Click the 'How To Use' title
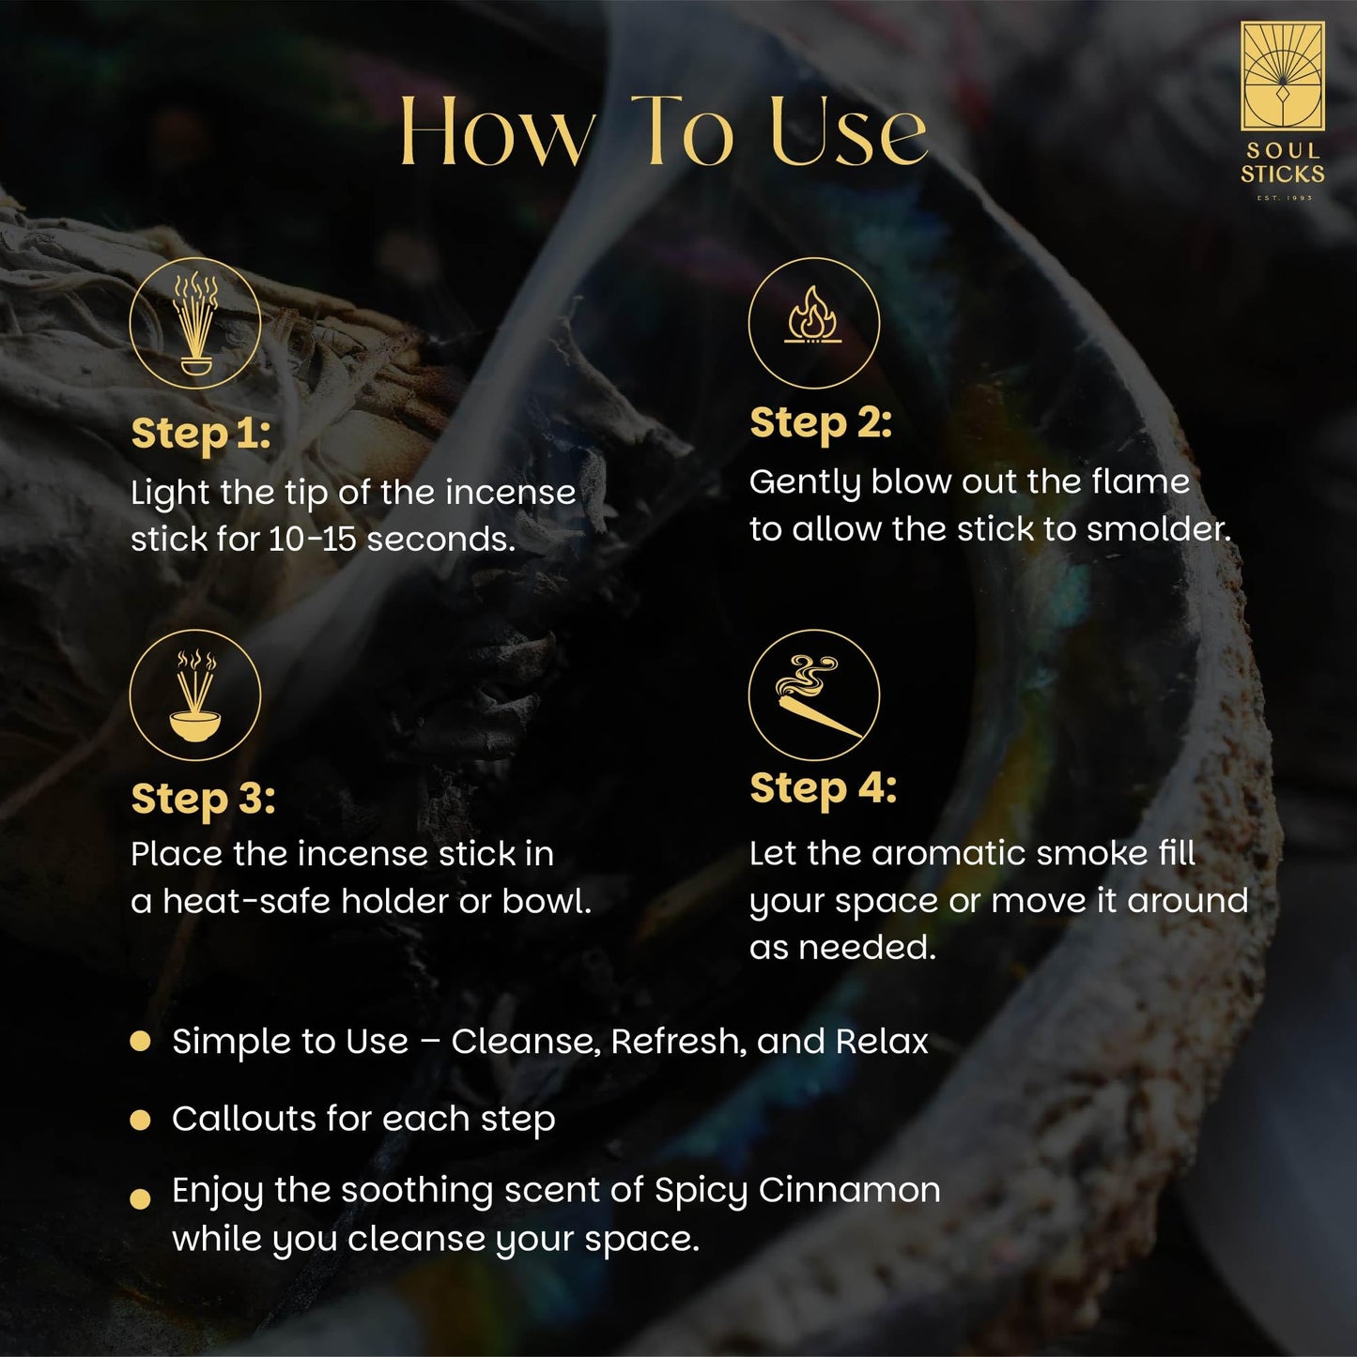coord(663,131)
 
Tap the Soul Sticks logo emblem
coord(1282,77)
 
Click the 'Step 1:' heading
coord(200,434)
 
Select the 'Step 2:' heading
coord(820,422)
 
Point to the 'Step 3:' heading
coord(203,799)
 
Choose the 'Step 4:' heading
coord(823,788)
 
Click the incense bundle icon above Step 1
coord(195,323)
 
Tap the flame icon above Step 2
coord(813,322)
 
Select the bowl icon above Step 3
coord(195,694)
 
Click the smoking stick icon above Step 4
coord(813,694)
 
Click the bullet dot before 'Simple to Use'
coord(141,1041)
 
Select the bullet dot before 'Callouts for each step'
coord(141,1119)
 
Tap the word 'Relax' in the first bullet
coord(881,1042)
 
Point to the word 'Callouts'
coord(243,1119)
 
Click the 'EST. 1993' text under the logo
coord(1284,198)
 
